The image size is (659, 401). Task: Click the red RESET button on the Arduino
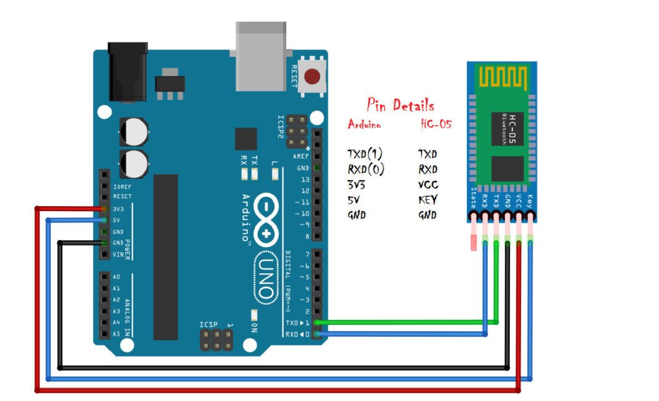313,76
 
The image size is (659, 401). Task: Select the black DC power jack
128,71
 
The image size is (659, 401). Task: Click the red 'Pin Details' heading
400,105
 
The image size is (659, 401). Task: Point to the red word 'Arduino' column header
364,124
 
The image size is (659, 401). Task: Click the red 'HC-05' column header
436,124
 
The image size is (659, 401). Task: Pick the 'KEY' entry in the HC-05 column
428,200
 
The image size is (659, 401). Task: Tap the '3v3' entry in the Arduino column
357,184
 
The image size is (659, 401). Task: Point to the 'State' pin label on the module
473,197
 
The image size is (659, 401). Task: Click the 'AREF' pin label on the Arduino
302,157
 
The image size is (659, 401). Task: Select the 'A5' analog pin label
116,334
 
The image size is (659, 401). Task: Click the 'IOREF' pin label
122,186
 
